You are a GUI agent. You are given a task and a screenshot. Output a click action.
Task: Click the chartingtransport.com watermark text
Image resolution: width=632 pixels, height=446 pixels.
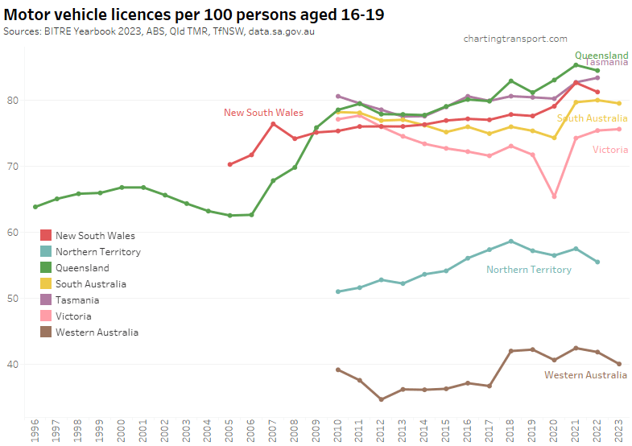click(515, 39)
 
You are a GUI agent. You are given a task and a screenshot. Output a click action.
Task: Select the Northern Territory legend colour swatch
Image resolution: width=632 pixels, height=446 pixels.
click(46, 252)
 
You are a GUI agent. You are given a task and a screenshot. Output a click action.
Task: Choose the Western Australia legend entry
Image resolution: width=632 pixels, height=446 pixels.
click(97, 332)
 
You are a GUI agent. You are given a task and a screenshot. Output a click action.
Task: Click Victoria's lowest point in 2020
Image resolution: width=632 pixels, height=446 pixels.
click(554, 196)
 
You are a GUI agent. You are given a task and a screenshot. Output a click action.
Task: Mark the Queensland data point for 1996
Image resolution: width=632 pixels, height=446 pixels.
click(35, 207)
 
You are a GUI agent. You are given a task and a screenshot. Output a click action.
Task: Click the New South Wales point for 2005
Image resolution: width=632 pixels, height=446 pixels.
click(230, 164)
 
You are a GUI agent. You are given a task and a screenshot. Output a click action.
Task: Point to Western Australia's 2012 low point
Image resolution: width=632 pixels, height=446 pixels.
click(381, 399)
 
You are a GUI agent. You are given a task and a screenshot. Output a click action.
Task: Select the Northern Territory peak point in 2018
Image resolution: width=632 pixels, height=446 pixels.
click(510, 241)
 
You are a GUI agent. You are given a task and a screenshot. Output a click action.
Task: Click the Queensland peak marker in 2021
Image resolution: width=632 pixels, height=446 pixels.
click(576, 65)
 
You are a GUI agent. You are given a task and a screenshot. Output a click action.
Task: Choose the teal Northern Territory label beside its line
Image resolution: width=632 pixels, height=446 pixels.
click(528, 270)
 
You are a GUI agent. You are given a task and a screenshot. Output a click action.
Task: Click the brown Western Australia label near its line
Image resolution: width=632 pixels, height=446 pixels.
click(586, 375)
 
